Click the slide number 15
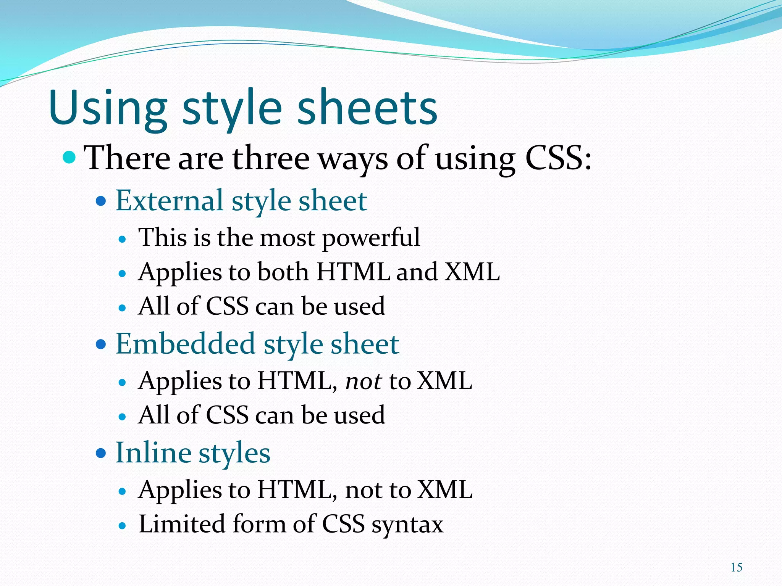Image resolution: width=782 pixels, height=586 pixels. (x=736, y=567)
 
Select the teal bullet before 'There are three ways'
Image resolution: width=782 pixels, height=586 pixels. (x=69, y=157)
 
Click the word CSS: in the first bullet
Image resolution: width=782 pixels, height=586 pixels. (x=558, y=158)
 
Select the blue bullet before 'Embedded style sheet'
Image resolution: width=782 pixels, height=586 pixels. (x=101, y=345)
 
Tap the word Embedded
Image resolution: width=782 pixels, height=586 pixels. (x=185, y=344)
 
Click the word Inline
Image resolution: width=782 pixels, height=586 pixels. (x=153, y=453)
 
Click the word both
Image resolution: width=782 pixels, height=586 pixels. (x=283, y=272)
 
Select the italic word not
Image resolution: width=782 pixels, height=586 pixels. (x=363, y=381)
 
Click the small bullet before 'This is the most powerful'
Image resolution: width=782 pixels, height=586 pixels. (x=122, y=240)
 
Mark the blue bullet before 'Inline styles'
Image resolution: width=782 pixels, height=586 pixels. (x=101, y=453)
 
